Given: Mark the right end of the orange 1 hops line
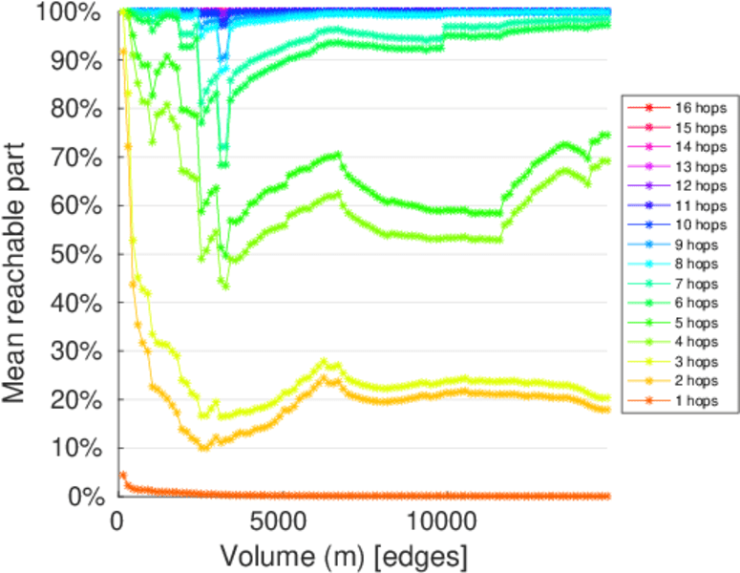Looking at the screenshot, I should coord(608,496).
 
